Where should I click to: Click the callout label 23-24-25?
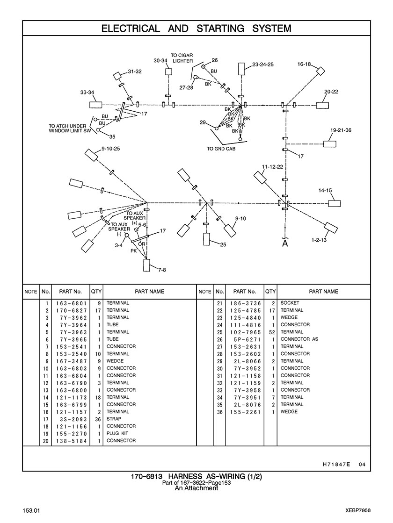tap(263, 64)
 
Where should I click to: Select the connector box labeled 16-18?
tap(320, 71)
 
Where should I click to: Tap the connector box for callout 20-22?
tap(323, 105)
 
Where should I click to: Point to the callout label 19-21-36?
tap(341, 130)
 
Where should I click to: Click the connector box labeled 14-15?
tap(334, 203)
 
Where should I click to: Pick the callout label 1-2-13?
tap(319, 240)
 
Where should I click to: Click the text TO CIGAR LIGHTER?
tap(182, 58)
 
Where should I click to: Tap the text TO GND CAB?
tap(221, 149)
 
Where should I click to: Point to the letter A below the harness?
tap(285, 244)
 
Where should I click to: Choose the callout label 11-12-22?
tap(273, 167)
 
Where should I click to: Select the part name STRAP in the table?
tap(114, 419)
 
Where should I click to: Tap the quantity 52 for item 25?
tap(270, 332)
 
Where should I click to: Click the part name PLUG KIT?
tap(117, 433)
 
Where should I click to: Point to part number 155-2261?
tap(245, 412)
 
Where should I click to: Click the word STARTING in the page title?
tap(220, 29)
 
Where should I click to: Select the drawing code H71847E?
tap(336, 464)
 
